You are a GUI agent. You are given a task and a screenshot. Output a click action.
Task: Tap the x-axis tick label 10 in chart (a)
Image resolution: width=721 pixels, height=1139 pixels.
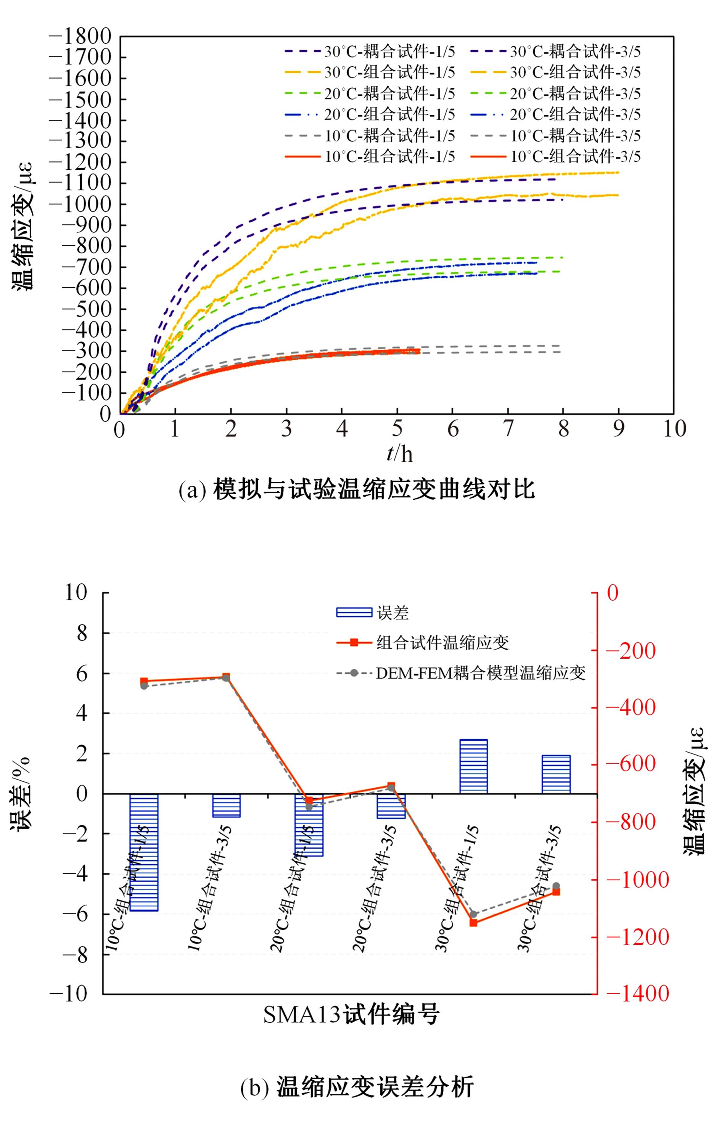point(674,428)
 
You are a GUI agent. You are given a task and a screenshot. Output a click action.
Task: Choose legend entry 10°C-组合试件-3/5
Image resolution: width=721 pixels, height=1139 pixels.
point(555,156)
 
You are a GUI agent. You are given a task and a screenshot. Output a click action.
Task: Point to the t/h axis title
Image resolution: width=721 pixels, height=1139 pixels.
point(399,453)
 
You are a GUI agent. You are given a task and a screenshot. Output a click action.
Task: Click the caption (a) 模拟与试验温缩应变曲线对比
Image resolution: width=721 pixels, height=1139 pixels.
point(356,489)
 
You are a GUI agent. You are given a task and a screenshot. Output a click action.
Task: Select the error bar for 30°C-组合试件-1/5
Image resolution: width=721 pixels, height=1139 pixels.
point(473,766)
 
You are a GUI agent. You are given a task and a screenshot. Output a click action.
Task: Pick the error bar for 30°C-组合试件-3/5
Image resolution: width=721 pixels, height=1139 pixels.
point(556,774)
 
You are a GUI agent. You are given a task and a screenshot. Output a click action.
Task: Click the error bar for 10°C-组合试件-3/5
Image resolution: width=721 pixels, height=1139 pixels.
point(226,805)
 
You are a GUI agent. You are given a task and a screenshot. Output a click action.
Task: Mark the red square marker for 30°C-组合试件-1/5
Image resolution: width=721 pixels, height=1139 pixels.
point(473,922)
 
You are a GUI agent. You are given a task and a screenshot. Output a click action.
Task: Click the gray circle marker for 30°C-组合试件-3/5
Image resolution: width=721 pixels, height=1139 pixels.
point(556,885)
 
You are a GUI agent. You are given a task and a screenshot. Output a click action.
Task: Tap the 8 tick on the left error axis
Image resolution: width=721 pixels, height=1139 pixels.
point(82,632)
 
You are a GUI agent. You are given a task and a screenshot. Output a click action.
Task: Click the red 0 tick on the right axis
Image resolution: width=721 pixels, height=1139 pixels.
point(612,593)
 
